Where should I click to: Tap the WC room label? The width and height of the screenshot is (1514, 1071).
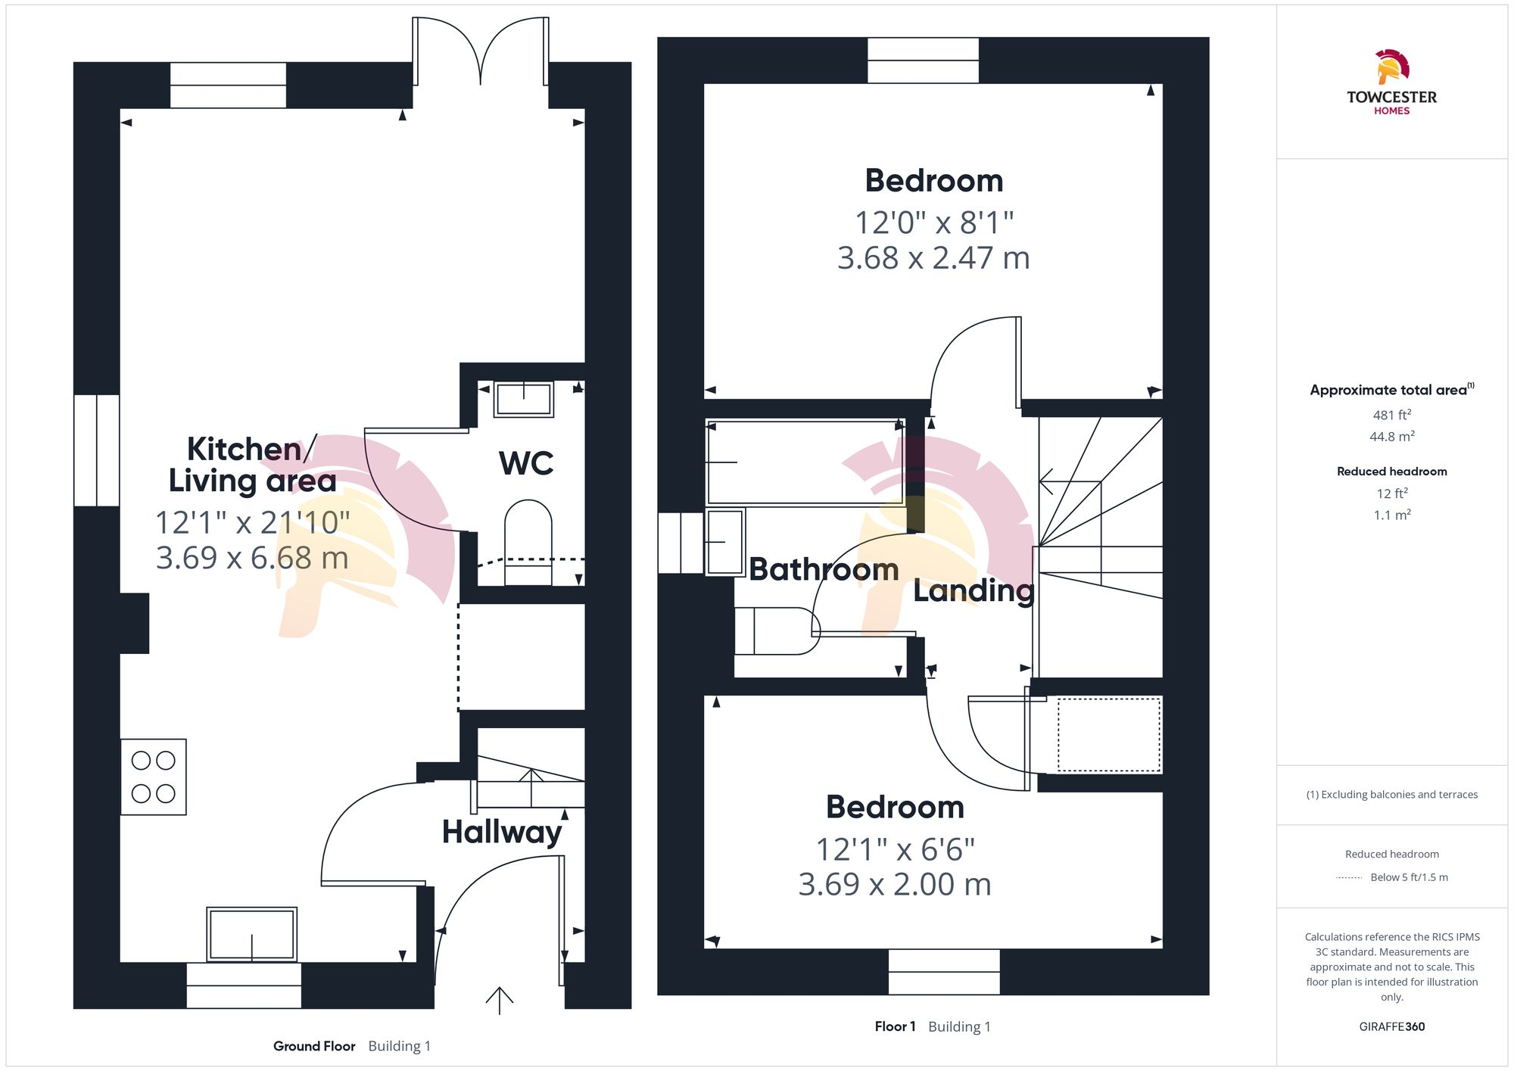(x=526, y=463)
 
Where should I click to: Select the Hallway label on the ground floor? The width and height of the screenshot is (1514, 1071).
(x=502, y=832)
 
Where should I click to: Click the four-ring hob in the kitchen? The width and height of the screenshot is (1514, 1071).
(x=154, y=777)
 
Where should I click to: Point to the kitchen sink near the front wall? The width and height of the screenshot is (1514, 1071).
(x=251, y=934)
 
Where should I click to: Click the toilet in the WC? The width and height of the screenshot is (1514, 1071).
(x=528, y=539)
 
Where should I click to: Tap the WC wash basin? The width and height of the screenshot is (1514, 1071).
(x=523, y=398)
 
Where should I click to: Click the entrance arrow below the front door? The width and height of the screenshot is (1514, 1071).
(x=500, y=1000)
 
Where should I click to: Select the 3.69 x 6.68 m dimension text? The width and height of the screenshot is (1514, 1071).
(x=252, y=558)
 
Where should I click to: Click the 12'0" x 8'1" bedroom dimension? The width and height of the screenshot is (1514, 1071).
(x=933, y=223)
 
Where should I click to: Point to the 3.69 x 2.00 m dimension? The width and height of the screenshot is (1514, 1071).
(x=895, y=884)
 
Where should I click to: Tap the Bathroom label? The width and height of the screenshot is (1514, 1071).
(x=824, y=569)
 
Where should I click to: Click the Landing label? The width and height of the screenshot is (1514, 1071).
(x=974, y=590)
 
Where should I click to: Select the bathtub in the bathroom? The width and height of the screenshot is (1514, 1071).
(x=805, y=462)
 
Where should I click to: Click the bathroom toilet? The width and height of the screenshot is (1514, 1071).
(x=777, y=631)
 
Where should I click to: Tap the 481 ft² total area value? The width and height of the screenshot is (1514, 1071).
(x=1391, y=415)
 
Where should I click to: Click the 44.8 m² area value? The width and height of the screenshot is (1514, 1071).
(x=1391, y=437)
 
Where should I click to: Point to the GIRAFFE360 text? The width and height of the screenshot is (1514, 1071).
(x=1391, y=1026)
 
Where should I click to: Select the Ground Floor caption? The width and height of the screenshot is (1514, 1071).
(x=314, y=1046)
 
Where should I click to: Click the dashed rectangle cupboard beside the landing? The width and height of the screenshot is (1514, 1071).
(x=1108, y=735)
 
